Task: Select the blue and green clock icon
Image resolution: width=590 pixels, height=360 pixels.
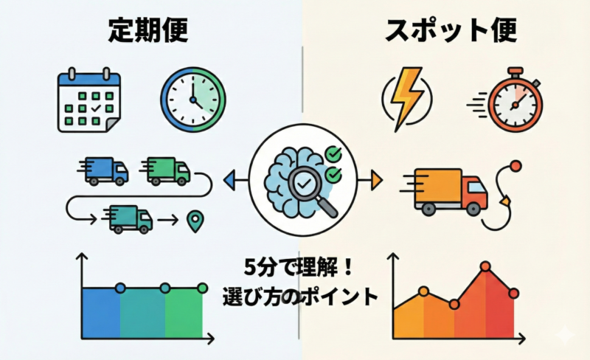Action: pyautogui.click(x=193, y=100)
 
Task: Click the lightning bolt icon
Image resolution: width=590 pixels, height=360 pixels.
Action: pyautogui.click(x=404, y=100)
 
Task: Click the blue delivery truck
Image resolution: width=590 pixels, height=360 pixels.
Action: pyautogui.click(x=103, y=170)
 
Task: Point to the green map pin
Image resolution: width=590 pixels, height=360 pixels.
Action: pyautogui.click(x=195, y=221)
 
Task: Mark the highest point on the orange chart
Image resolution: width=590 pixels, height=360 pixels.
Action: pyautogui.click(x=485, y=266)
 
